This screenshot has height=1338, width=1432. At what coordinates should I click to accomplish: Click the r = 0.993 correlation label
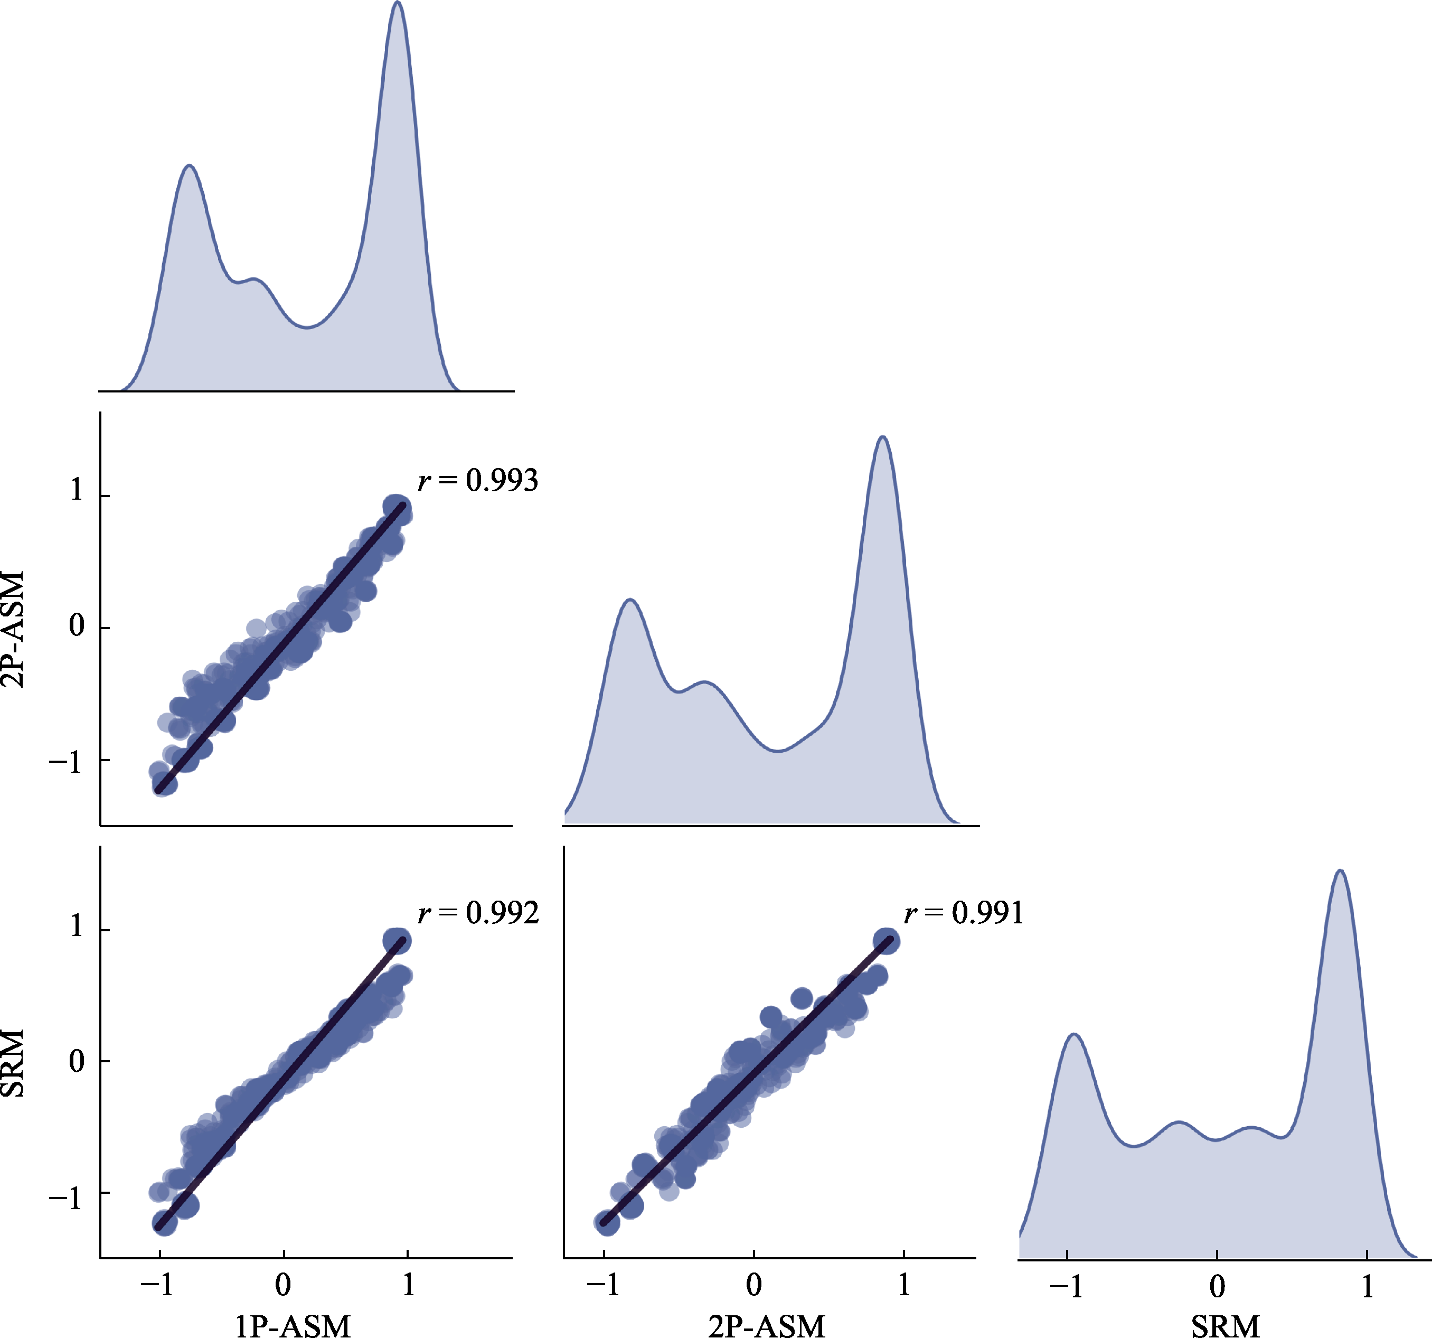pyautogui.click(x=477, y=481)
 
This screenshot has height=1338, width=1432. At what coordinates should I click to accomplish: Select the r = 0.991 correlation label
pyautogui.click(x=964, y=914)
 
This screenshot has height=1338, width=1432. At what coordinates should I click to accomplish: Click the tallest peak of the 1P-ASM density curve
pyautogui.click(x=398, y=4)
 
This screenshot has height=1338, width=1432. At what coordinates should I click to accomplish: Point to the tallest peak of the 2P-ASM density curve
pyautogui.click(x=883, y=437)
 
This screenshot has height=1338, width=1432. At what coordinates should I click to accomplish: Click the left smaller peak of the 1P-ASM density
pyautogui.click(x=190, y=166)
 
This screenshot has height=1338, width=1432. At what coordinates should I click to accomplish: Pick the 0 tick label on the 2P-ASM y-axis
pyautogui.click(x=77, y=625)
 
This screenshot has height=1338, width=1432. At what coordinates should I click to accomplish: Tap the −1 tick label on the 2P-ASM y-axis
pyautogui.click(x=67, y=761)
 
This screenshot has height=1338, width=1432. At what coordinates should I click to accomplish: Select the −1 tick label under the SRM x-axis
pyautogui.click(x=1066, y=1285)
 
